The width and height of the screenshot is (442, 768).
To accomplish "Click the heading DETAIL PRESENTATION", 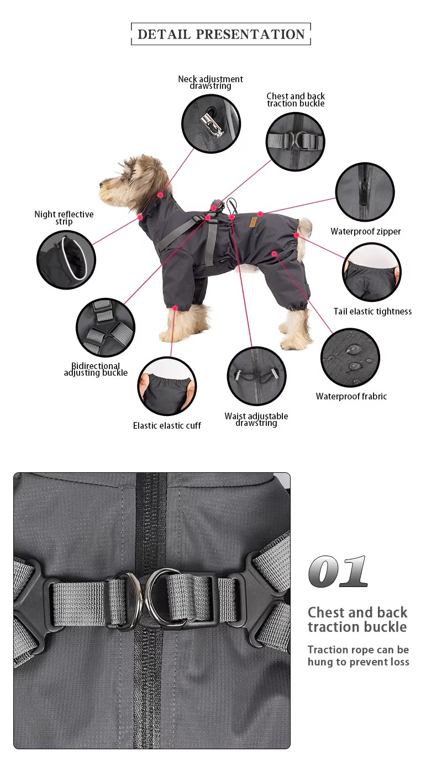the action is tap(221, 34).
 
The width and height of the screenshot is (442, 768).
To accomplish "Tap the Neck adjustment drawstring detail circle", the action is tap(211, 124).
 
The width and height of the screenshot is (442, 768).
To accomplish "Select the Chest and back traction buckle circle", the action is tap(296, 141).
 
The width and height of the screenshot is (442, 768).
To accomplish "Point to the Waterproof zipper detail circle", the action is tap(365, 192).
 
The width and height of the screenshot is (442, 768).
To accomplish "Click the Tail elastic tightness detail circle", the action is tap(372, 272).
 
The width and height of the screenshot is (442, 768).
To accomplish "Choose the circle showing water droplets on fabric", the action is tap(350, 358).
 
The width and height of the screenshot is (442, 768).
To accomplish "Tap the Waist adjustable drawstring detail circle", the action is tap(256, 376).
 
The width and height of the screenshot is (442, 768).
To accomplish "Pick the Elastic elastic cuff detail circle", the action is tap(167, 386).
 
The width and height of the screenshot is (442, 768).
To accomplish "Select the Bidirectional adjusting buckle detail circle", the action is tap(106, 328).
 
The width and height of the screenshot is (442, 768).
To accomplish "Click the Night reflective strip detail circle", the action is tap(66, 260).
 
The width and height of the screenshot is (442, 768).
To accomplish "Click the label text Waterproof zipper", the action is tap(365, 231).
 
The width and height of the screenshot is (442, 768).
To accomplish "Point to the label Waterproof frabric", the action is tap(351, 396).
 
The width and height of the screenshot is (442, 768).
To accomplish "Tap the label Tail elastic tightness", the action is tap(372, 311).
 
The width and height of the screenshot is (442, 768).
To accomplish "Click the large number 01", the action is tap(338, 572).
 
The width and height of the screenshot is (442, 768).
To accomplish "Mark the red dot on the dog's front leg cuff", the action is tap(175, 308).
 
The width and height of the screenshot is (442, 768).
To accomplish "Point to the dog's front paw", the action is tap(169, 337).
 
